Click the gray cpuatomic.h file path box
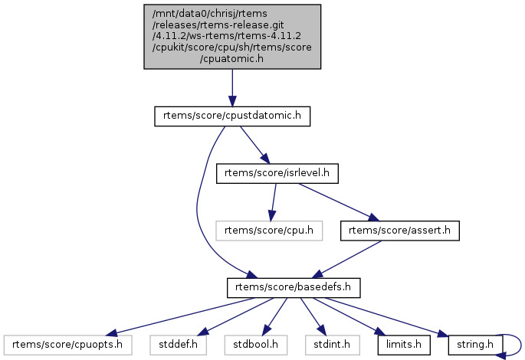[x=232, y=37]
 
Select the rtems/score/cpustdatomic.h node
[x=232, y=116]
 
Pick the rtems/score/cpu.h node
[x=269, y=230]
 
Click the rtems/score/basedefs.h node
[x=294, y=287]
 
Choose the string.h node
[x=474, y=345]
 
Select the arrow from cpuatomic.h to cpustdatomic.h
[x=232, y=88]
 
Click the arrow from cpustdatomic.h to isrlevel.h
[x=254, y=144]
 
